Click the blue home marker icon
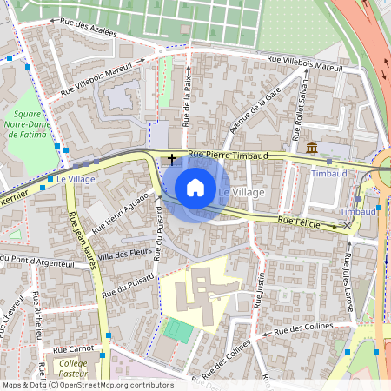[x=195, y=188]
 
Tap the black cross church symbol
[x=172, y=159]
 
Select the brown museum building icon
[x=311, y=148]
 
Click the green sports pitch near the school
[x=179, y=330]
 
